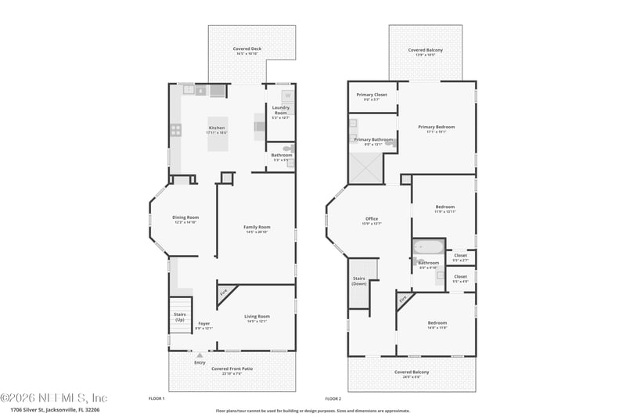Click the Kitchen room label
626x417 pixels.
coord(216,128)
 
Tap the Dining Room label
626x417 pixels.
coord(185,217)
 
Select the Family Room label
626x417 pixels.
coord(257,227)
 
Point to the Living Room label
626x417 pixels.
coord(257,316)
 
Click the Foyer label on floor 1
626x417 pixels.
coord(203,323)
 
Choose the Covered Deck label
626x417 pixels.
coord(247,49)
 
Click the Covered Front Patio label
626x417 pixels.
coord(232,368)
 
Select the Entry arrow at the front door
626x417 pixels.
coord(200,355)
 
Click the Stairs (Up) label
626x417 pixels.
coord(180,316)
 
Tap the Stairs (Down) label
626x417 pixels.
coord(359,280)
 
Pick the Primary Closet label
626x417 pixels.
coord(372,95)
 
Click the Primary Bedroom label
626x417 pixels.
coord(436,127)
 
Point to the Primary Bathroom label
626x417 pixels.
coord(372,139)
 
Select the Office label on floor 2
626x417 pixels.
coord(372,219)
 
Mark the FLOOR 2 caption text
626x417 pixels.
coord(334,398)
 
